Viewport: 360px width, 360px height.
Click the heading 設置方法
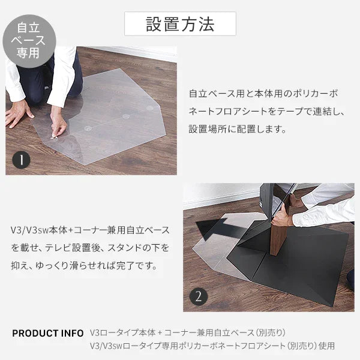pos(180,23)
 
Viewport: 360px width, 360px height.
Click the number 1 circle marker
pos(22,160)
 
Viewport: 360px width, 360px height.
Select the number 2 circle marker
pos(199,296)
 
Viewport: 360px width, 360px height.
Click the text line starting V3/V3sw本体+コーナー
pos(90,230)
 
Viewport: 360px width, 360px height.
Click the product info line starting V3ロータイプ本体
pos(187,332)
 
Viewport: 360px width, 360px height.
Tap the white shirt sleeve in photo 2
pos(327,210)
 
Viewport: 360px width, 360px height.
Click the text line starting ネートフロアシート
pos(266,112)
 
